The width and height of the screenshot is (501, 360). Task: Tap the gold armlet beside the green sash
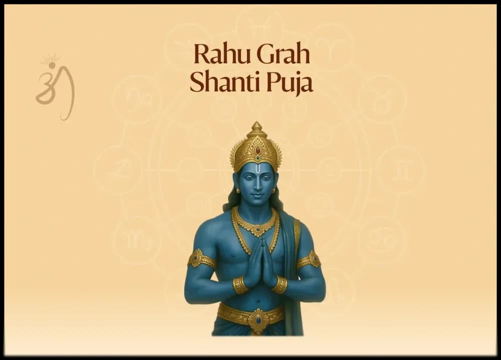pos(309,259)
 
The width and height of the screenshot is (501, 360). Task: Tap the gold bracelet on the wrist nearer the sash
pos(279,285)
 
